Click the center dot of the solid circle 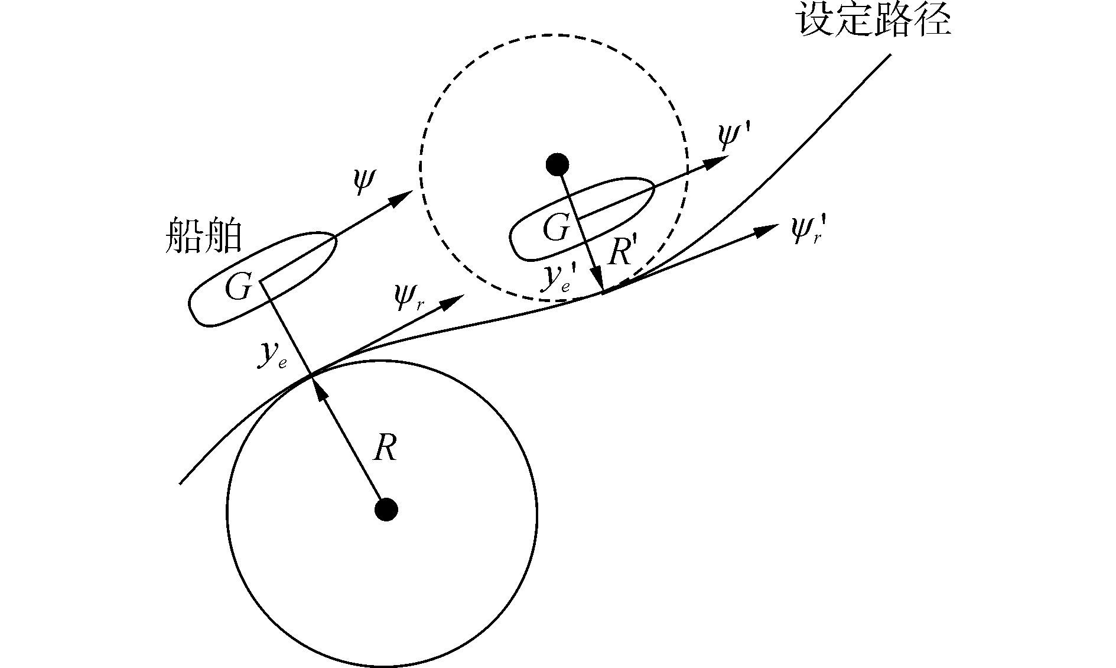pyautogui.click(x=386, y=509)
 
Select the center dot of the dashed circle pyautogui.click(x=557, y=164)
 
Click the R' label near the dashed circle pyautogui.click(x=622, y=253)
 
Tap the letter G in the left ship pyautogui.click(x=239, y=288)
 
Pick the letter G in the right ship pyautogui.click(x=556, y=228)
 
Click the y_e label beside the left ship pyautogui.click(x=272, y=355)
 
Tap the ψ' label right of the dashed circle pyautogui.click(x=733, y=137)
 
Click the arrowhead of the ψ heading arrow pyautogui.click(x=404, y=197)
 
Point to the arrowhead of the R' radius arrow pyautogui.click(x=598, y=282)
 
